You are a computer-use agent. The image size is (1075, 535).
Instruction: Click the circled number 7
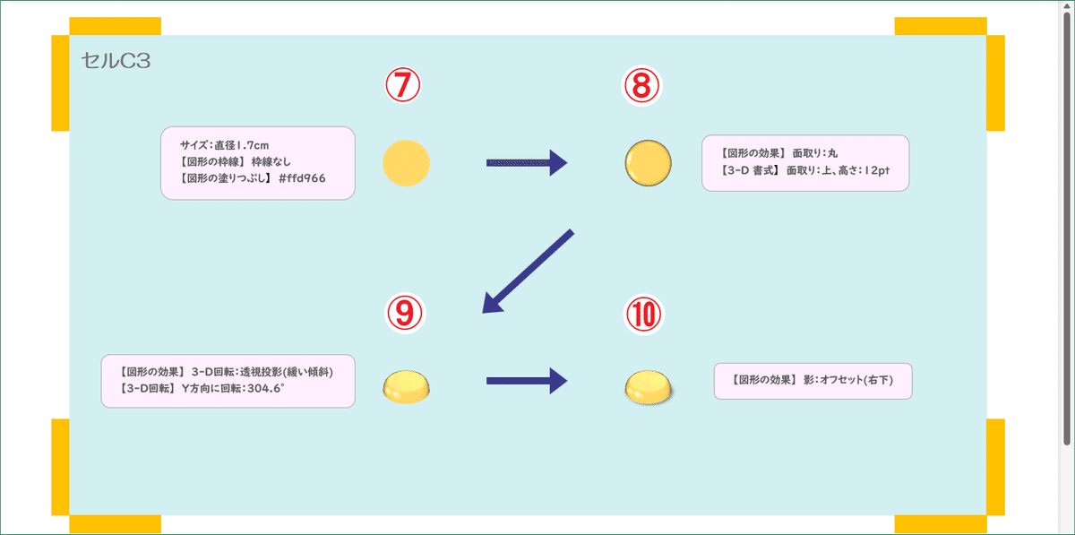pos(403,86)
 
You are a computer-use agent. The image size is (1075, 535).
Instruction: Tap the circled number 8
pos(641,86)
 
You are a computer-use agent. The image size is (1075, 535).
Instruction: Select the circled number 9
pos(403,312)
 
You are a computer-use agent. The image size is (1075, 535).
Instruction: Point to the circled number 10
pos(641,312)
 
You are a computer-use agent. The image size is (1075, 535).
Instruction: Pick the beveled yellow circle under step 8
pos(648,163)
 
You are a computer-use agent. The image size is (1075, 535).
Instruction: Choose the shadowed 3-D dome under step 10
pos(648,386)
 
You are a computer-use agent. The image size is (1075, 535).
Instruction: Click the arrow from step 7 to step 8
pos(527,162)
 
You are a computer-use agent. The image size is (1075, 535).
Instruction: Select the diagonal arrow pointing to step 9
pos(527,272)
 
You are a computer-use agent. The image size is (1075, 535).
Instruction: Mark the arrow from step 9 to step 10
pos(527,381)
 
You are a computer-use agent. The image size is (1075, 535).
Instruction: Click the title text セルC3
pos(116,61)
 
